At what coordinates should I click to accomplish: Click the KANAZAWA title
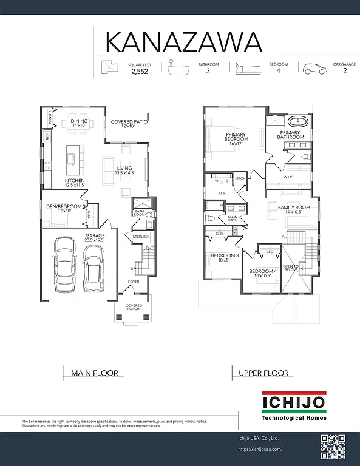coord(184,42)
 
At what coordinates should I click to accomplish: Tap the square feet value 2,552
coord(139,71)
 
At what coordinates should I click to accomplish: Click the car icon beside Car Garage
coord(314,69)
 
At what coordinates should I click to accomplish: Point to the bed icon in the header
coord(246,68)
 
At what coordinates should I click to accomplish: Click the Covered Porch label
coord(134,308)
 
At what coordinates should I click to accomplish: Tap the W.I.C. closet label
coord(289,177)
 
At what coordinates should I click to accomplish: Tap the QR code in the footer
coord(333,448)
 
